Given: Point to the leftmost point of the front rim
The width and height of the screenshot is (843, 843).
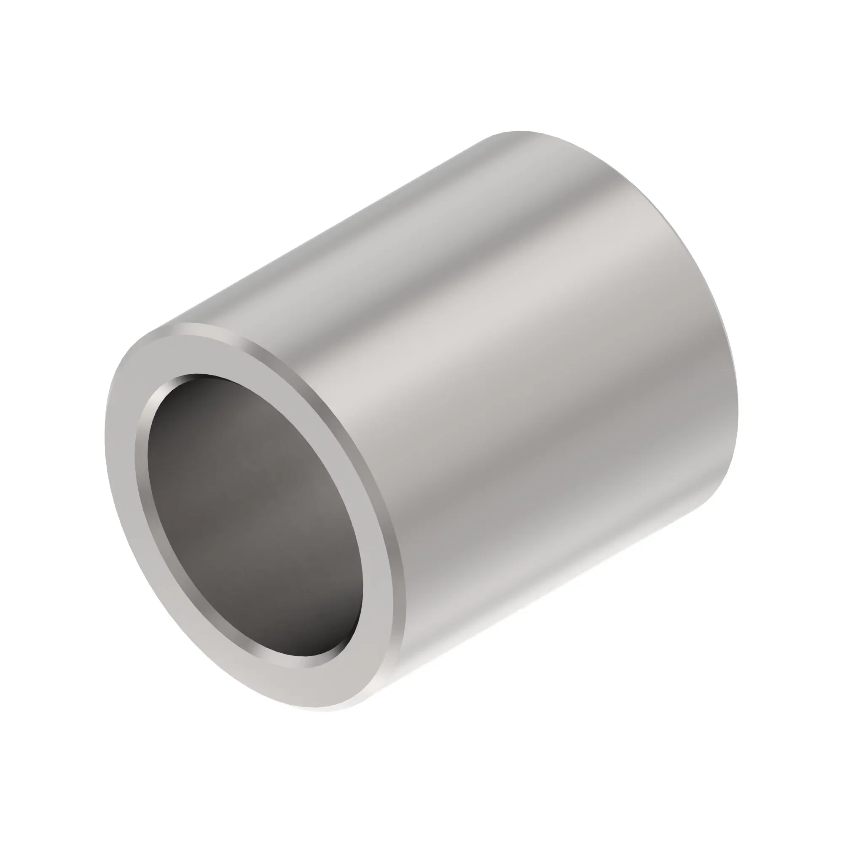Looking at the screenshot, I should [106, 436].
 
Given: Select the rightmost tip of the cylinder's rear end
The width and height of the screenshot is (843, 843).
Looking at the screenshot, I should [737, 419].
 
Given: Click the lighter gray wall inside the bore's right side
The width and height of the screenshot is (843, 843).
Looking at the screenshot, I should [332, 545].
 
